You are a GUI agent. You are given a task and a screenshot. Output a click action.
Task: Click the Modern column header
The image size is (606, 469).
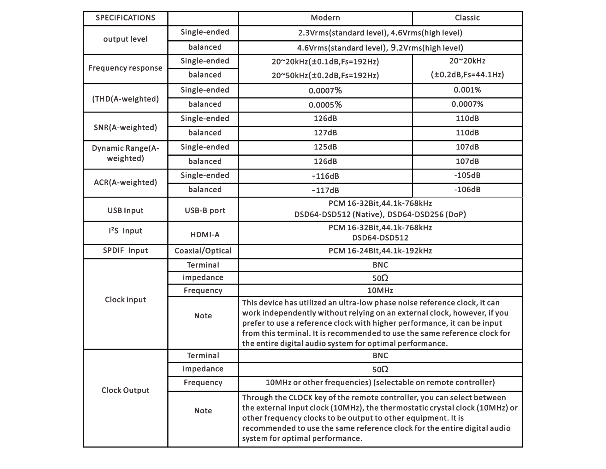pos(325,18)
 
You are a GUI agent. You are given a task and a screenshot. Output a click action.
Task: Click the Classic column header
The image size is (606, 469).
pos(467,18)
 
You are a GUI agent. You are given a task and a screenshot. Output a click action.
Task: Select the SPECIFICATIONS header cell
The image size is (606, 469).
pos(125,18)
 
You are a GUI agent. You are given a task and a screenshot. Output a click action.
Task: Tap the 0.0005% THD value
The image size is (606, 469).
pos(325,105)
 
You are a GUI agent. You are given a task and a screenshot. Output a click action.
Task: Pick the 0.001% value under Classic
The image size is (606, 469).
pos(467,90)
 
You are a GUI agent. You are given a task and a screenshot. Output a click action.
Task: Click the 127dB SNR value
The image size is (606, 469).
pos(325,133)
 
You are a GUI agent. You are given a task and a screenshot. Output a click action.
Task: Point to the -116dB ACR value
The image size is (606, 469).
pos(325,176)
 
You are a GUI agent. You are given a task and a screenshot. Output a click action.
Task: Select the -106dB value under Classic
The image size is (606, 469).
pos(467,190)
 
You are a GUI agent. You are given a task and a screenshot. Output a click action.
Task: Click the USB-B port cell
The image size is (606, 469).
pos(205,211)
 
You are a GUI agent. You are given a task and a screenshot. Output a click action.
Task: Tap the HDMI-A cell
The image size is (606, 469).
pos(205,235)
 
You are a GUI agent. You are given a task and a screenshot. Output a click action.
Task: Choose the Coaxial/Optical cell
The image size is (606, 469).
pos(203,251)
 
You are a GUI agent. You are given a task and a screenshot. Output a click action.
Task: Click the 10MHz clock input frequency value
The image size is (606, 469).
pos(380,291)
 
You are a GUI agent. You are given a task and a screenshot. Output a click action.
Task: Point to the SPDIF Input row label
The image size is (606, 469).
pos(125,251)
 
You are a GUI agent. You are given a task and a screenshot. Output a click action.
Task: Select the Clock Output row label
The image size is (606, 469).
pos(125,390)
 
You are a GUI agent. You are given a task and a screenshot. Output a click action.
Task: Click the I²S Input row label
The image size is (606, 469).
pos(125,231)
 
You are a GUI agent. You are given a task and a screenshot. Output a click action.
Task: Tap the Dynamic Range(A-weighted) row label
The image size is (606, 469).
pos(125,153)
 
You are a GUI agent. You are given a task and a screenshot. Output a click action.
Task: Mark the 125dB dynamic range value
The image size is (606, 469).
pos(325,147)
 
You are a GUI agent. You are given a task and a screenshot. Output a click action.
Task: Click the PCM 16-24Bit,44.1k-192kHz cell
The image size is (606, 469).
pos(380,251)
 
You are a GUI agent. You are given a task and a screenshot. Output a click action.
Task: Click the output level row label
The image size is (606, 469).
pos(125,39)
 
